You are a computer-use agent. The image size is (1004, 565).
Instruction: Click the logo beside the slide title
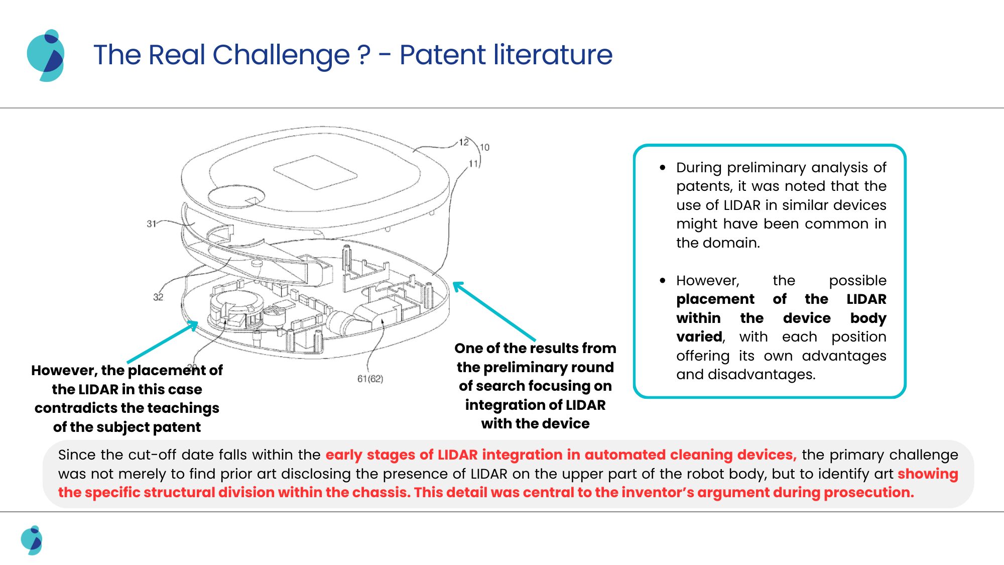46,55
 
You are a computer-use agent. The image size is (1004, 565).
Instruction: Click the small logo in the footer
32,540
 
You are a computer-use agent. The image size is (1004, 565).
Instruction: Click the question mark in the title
364,55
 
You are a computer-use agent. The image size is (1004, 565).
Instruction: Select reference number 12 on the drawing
464,142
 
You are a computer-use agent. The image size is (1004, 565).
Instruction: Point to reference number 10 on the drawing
484,147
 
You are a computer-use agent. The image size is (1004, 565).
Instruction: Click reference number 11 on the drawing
473,163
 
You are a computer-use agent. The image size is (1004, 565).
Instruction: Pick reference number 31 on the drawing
151,223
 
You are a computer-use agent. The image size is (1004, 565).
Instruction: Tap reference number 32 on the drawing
158,297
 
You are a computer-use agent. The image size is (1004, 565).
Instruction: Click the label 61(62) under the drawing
370,379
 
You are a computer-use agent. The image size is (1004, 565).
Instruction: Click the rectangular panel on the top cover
315,172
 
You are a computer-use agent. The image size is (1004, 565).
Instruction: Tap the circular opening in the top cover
236,196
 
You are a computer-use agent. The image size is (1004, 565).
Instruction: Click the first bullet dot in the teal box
663,168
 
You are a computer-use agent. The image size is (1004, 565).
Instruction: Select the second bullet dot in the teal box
663,281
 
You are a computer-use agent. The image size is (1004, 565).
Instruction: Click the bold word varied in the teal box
699,336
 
